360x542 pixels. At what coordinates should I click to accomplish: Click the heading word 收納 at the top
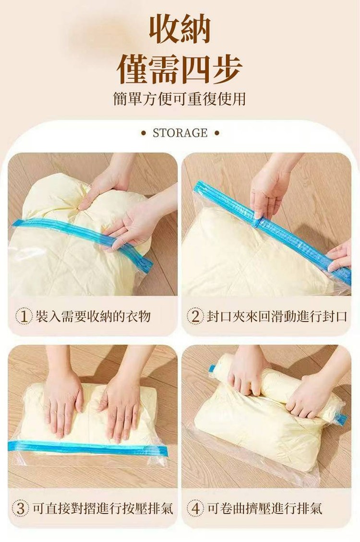coord(180,29)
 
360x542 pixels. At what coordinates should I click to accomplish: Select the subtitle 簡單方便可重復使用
coord(180,99)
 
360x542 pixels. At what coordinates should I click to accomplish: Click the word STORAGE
coord(180,133)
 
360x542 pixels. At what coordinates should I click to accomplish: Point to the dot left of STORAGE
coord(144,133)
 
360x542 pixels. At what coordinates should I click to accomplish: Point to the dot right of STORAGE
coord(217,133)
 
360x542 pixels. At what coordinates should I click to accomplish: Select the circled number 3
coord(21,508)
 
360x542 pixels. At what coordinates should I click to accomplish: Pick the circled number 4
coord(195,508)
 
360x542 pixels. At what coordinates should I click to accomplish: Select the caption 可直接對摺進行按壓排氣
coord(103,508)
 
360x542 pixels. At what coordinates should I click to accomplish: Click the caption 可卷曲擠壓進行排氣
coord(265,508)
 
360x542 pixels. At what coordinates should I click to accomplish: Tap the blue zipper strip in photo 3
coord(88,448)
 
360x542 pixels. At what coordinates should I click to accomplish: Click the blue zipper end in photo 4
coord(342,418)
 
